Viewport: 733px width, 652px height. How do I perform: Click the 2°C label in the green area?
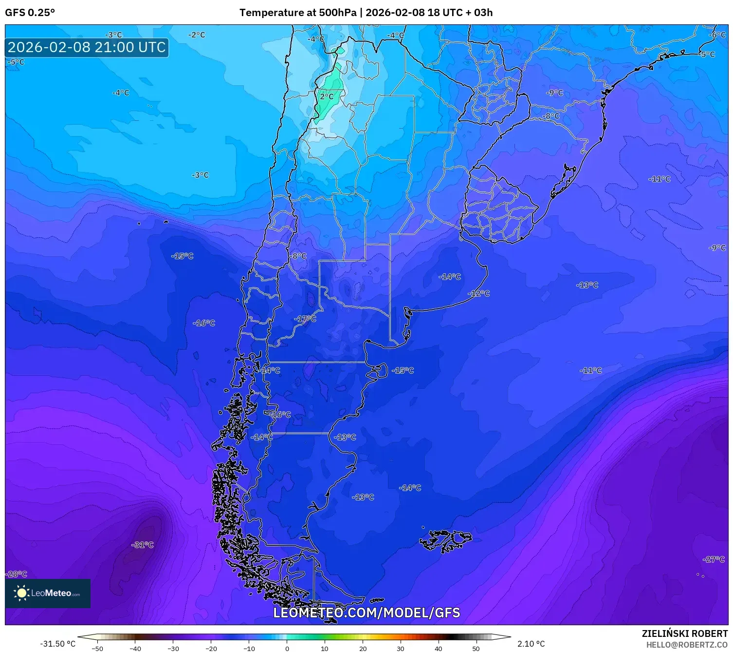pos(327,96)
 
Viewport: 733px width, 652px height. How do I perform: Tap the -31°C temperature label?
pos(142,545)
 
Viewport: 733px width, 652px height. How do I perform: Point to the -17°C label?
pos(305,319)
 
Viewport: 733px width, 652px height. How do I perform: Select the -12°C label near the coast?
pos(478,293)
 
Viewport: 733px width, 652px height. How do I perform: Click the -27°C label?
pos(714,559)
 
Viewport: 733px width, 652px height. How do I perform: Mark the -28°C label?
pos(16,574)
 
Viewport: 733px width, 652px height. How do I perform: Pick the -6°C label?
pos(717,35)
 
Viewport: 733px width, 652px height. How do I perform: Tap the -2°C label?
pos(197,35)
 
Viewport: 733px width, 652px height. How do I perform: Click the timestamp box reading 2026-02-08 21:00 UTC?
pos(87,47)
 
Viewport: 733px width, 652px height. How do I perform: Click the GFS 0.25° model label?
pos(30,13)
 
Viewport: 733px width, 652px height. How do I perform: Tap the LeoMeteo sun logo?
pos(21,593)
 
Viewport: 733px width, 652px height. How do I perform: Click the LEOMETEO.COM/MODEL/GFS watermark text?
pos(366,613)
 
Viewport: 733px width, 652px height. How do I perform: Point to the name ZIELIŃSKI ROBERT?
pos(684,633)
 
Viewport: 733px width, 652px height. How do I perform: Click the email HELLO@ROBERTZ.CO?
pos(687,645)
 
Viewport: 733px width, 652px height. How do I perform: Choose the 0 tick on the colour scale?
pos(287,648)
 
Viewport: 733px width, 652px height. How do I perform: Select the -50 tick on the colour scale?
pos(97,648)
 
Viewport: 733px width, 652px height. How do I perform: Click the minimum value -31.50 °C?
pos(57,644)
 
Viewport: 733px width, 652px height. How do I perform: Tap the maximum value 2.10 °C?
pos(531,644)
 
